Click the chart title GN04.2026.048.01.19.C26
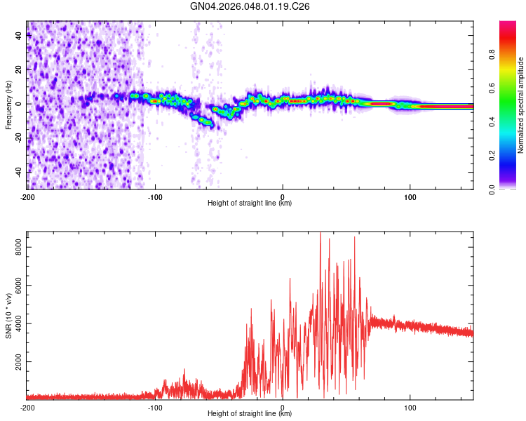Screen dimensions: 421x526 [x=250, y=7]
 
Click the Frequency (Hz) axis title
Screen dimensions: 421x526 [x=8, y=105]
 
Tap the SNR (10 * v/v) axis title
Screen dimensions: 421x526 [x=8, y=316]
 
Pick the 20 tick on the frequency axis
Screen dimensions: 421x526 [x=20, y=69]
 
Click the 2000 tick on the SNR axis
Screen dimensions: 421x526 [x=14, y=362]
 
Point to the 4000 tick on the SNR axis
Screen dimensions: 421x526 [x=14, y=323]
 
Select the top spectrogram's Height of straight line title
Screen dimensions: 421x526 [x=250, y=203]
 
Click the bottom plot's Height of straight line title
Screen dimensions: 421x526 [x=250, y=414]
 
